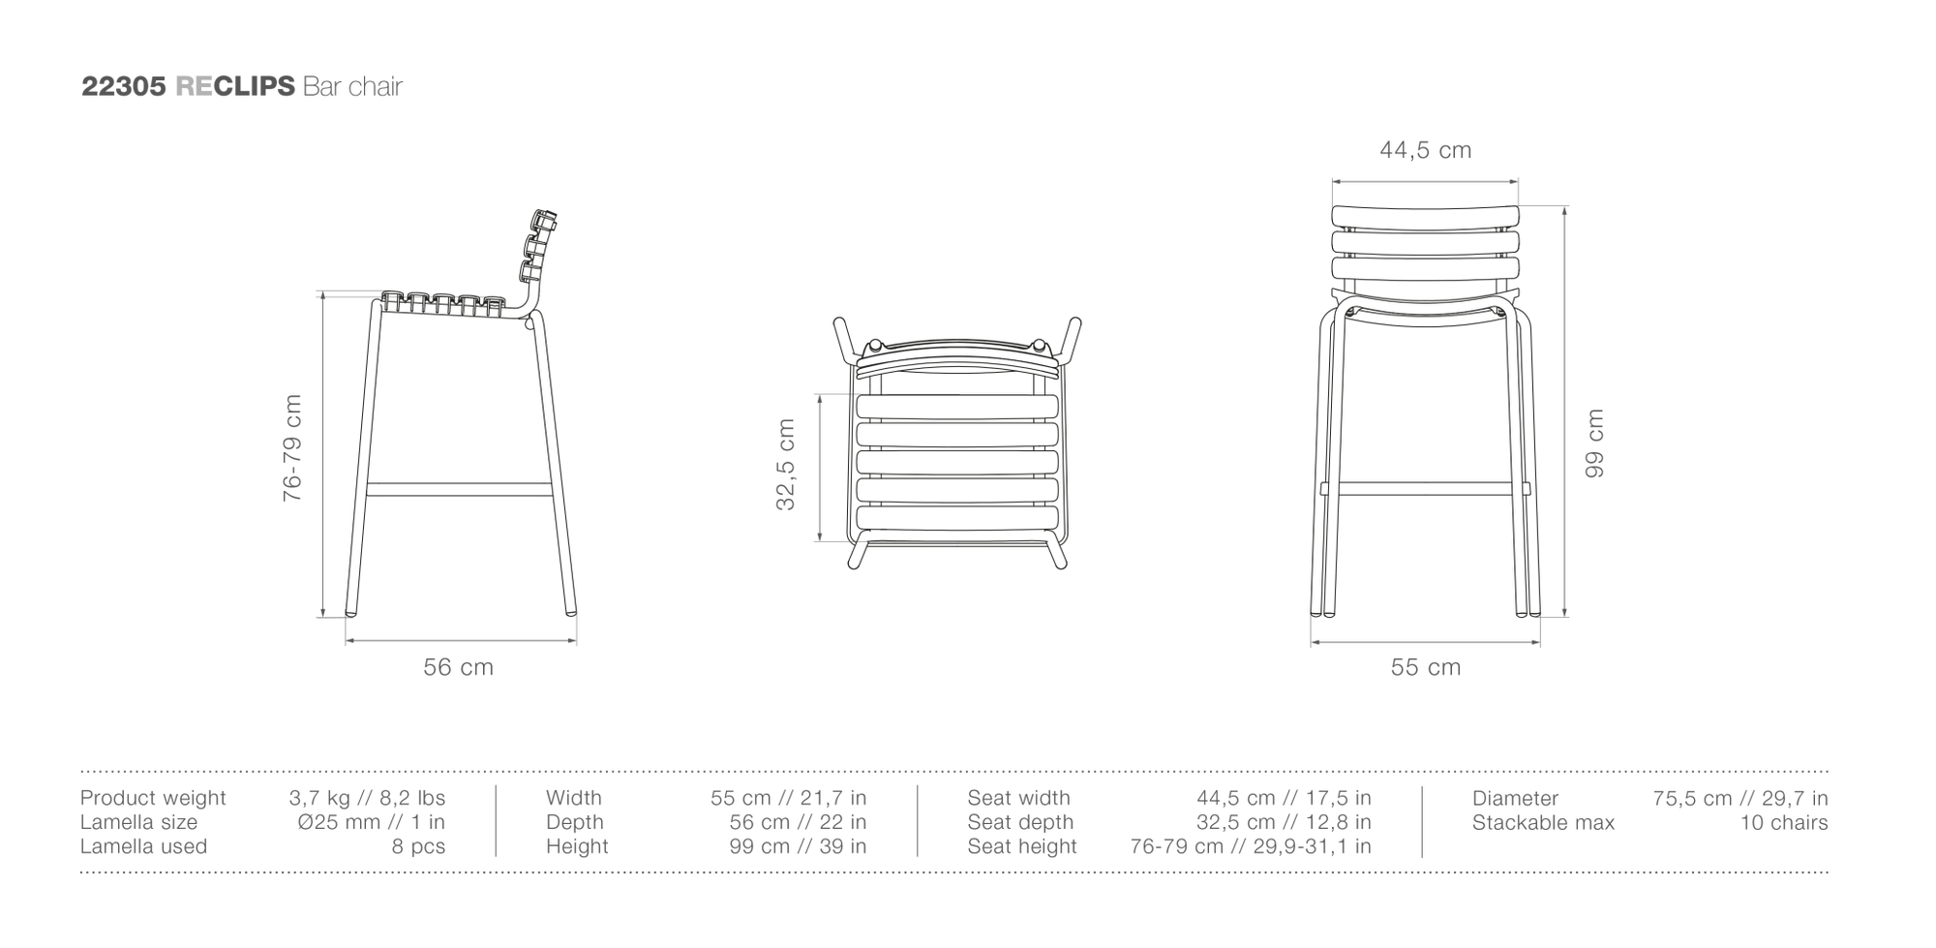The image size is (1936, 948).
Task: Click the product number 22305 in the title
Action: click(x=125, y=86)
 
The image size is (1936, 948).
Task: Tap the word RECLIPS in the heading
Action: click(x=235, y=86)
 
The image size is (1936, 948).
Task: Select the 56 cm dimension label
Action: click(x=458, y=667)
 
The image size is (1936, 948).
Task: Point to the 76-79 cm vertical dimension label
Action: click(x=292, y=447)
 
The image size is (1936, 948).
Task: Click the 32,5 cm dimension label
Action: click(x=785, y=464)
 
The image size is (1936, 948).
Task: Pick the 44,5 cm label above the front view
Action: click(x=1425, y=150)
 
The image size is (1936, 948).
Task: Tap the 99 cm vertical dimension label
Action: click(x=1594, y=443)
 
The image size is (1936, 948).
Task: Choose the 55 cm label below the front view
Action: click(x=1425, y=667)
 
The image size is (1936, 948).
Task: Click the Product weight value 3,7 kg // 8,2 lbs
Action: click(x=367, y=798)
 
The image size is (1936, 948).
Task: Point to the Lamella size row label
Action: click(x=138, y=822)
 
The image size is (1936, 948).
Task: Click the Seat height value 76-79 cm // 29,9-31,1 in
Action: click(x=1251, y=846)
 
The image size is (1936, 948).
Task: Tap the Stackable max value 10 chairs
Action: click(x=1784, y=822)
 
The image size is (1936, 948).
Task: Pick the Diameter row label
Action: click(x=1515, y=798)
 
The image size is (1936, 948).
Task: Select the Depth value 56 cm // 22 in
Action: click(x=798, y=822)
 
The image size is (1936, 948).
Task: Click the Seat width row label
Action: click(x=1018, y=798)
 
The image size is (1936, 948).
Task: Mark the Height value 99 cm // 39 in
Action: click(x=798, y=846)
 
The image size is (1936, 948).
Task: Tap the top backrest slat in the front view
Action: click(x=1425, y=218)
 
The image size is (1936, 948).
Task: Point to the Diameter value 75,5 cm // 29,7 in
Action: click(x=1740, y=798)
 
